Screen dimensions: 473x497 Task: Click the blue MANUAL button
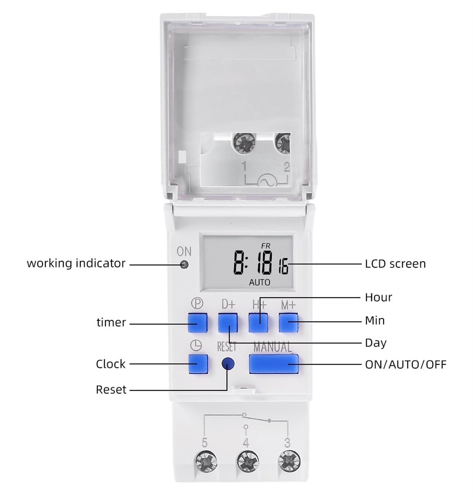[x=273, y=364]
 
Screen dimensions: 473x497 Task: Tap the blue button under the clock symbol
[x=198, y=364]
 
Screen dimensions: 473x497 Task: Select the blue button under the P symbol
[x=198, y=323]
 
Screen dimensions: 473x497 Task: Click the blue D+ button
[x=228, y=323]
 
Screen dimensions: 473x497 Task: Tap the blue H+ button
[x=258, y=323]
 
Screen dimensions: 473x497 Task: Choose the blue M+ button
[x=288, y=323]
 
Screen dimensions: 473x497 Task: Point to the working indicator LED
[x=184, y=265]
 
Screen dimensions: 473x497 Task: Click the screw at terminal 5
[x=205, y=461]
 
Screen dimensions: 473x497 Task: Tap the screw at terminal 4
[x=248, y=461]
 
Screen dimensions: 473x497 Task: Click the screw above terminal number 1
[x=244, y=143]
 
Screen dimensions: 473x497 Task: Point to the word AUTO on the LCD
[x=260, y=282]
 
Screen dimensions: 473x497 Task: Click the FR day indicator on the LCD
[x=266, y=246]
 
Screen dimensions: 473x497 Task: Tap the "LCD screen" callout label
[x=395, y=264]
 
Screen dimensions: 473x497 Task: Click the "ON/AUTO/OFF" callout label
[x=405, y=364]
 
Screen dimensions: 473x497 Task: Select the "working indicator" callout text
[x=76, y=263]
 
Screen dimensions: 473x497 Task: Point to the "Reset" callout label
[x=111, y=390]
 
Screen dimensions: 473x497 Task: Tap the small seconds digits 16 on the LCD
[x=283, y=267]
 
